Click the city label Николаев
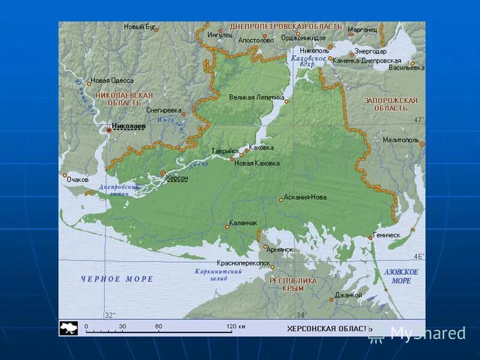(128, 127)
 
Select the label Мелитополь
(401, 140)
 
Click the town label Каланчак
(244, 223)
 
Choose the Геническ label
(386, 235)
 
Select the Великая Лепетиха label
(257, 97)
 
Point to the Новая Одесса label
(112, 80)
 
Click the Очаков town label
(78, 179)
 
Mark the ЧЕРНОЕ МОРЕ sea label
(117, 279)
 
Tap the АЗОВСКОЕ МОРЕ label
(401, 276)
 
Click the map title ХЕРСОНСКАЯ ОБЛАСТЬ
(329, 328)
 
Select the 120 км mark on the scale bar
(234, 327)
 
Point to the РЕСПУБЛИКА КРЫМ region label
(293, 284)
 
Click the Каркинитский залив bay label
(218, 275)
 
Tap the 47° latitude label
(418, 120)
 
